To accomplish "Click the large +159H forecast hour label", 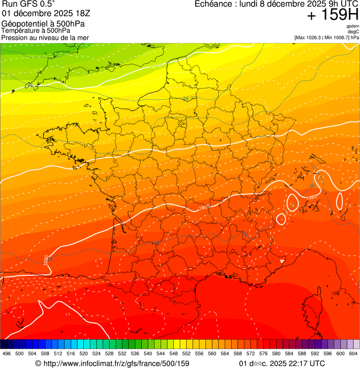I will point(332,15).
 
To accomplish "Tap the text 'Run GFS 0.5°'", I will point(28,5).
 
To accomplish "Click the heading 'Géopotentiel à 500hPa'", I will point(43,23).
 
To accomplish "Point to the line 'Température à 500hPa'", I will point(36,30).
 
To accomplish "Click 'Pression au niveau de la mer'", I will point(45,37).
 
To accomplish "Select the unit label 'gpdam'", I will point(353,26).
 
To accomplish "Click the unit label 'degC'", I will point(353,31).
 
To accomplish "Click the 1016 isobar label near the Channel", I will point(156,66).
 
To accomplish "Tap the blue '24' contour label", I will point(186,98).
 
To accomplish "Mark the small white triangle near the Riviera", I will point(282,261).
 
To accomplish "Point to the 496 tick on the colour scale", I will point(7,354).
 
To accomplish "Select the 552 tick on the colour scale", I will point(186,354).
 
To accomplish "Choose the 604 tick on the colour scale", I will point(353,354).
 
